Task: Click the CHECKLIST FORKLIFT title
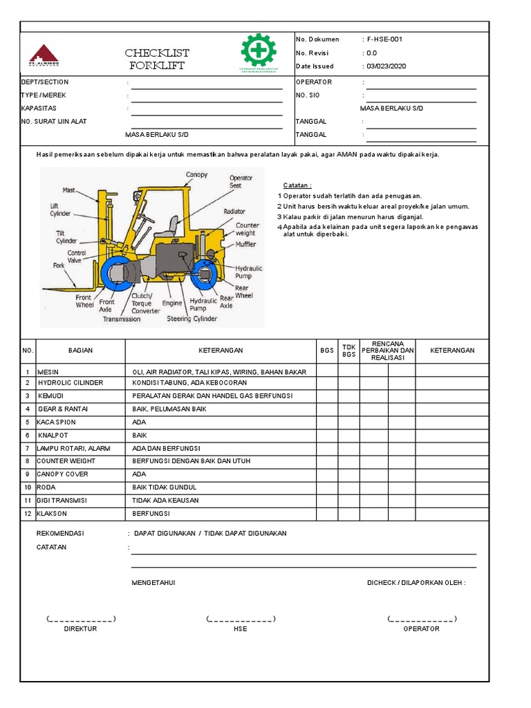(x=157, y=59)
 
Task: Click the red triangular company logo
(x=44, y=54)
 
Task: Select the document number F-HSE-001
(x=385, y=39)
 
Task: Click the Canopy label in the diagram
(x=196, y=175)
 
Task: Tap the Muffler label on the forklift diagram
(x=247, y=244)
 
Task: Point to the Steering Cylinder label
(x=192, y=319)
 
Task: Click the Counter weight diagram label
(x=247, y=230)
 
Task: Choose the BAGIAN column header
(x=80, y=351)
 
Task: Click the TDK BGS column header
(x=348, y=351)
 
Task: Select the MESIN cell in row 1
(x=48, y=372)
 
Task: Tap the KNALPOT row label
(x=53, y=436)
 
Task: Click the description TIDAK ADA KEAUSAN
(x=165, y=501)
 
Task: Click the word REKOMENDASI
(x=59, y=534)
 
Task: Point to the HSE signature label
(x=240, y=629)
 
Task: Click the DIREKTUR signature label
(x=80, y=629)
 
